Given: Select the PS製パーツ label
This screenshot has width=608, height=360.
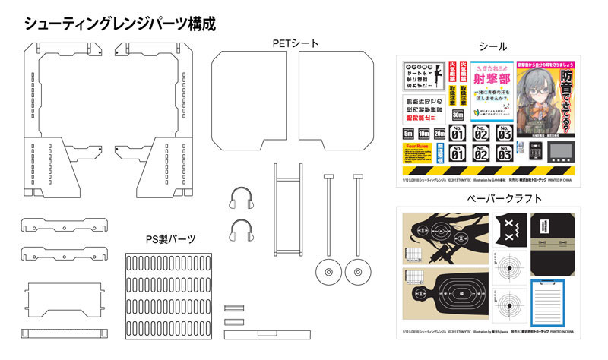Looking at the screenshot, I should (x=169, y=240).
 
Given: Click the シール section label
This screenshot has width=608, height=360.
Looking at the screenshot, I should (x=494, y=47).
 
